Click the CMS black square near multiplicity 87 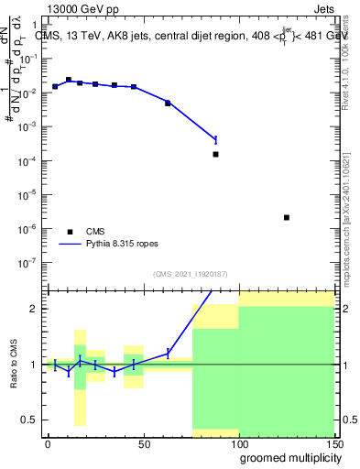215,154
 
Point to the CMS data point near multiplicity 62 168,103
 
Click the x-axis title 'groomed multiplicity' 286,457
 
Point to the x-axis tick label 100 238,442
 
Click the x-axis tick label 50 143,442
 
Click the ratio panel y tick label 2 34,309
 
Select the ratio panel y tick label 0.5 30,420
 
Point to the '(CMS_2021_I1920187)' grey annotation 191,273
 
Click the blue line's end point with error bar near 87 215,139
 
